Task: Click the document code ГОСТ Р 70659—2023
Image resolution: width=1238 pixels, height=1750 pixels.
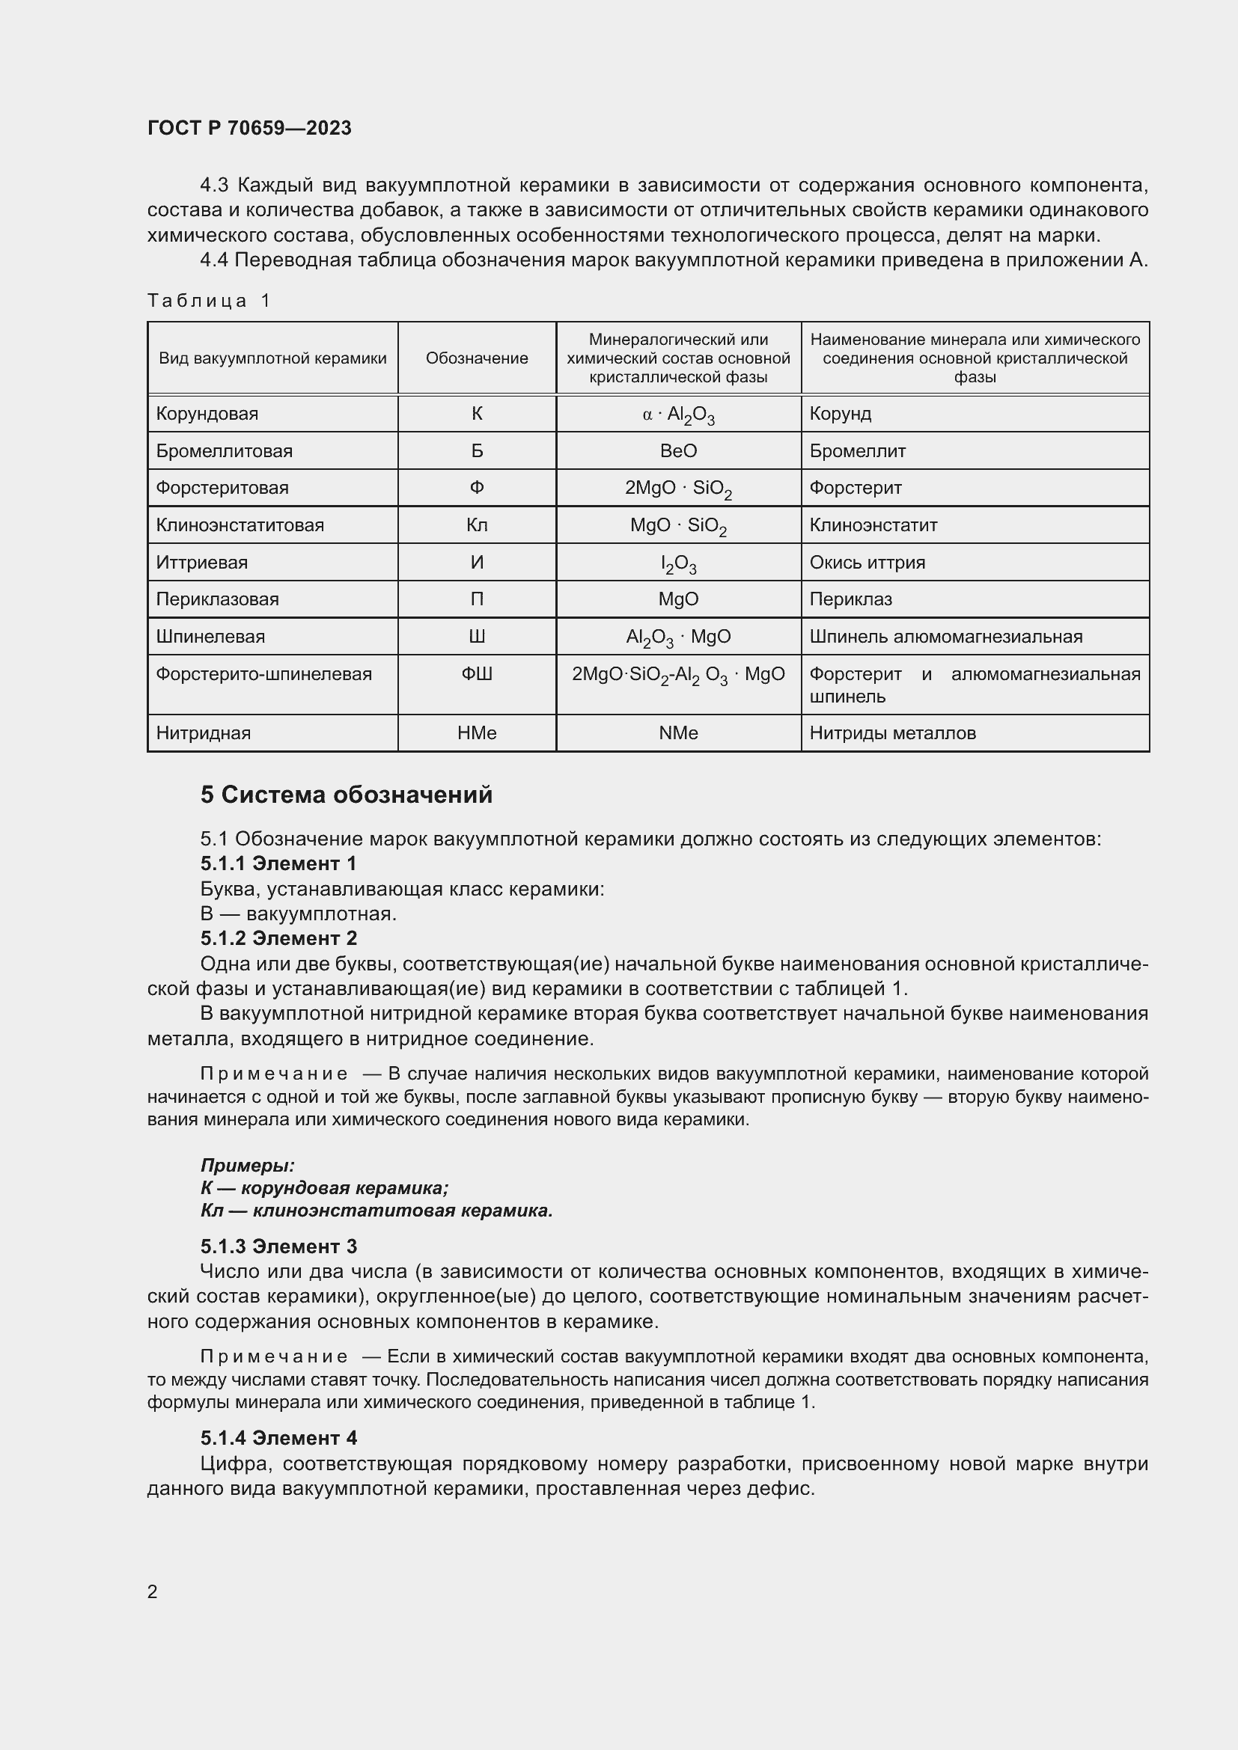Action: click(249, 128)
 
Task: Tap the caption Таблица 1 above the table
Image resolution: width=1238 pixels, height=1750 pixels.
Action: click(209, 301)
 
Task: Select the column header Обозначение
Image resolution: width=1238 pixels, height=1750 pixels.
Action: click(477, 358)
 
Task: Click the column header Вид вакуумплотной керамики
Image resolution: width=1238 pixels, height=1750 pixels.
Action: click(272, 358)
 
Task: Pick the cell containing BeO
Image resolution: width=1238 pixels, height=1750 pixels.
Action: click(677, 451)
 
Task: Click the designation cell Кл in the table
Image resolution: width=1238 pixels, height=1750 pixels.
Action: click(477, 525)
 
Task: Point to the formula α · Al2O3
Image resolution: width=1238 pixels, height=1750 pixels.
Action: click(677, 414)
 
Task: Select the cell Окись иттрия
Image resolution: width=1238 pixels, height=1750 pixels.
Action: click(867, 563)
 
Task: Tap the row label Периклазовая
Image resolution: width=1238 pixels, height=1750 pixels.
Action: click(217, 599)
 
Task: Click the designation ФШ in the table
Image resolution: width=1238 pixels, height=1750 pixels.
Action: click(477, 674)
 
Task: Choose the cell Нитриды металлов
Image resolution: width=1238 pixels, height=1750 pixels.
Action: click(892, 733)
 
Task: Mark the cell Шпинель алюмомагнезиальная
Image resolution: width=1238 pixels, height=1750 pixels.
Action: click(945, 637)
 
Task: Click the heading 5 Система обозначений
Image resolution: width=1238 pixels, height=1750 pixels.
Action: click(346, 795)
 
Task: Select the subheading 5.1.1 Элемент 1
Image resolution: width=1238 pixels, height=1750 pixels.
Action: click(278, 863)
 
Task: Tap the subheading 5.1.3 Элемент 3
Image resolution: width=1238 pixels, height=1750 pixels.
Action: click(278, 1246)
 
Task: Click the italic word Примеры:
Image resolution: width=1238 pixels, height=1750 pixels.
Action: click(247, 1166)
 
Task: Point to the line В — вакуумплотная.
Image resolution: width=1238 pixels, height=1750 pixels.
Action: click(298, 914)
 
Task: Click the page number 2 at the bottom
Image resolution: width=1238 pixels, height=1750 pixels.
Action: click(153, 1591)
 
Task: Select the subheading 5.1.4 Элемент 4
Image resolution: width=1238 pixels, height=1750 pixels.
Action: click(278, 1438)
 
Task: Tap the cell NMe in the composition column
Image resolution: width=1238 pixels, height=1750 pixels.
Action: click(677, 733)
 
